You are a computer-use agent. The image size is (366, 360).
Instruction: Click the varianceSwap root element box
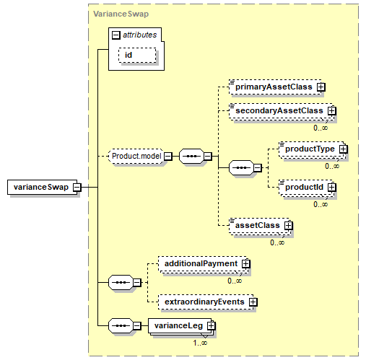tap(42, 187)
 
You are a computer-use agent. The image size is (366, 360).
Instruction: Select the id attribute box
tap(137, 55)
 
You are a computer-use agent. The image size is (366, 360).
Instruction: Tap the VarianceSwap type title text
tap(121, 14)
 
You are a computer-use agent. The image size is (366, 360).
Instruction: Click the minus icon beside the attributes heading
tap(116, 35)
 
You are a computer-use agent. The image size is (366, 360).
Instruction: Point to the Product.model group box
tap(136, 157)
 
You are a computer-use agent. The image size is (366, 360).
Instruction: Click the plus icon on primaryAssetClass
tap(321, 87)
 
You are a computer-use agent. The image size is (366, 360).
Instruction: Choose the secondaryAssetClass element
tap(282, 111)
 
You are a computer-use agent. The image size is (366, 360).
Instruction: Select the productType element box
tap(312, 149)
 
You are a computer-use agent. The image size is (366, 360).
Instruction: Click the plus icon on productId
tap(331, 187)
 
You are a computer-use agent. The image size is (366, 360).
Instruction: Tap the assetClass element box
tap(260, 226)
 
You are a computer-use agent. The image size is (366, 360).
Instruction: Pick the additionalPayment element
tap(203, 264)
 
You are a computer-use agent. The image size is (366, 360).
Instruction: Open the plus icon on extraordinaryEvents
tap(253, 302)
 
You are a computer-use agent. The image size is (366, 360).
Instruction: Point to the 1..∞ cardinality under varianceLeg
tap(200, 343)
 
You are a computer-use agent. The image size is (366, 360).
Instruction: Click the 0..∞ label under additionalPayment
tap(235, 281)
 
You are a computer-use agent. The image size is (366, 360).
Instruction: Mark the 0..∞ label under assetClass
tap(277, 242)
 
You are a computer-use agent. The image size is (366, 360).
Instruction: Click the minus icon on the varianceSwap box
tap(77, 187)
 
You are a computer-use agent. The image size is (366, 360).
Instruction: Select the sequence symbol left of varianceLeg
tap(121, 326)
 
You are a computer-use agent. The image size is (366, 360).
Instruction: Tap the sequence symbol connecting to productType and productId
tap(241, 167)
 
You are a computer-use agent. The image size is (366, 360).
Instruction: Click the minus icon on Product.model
tap(168, 157)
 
